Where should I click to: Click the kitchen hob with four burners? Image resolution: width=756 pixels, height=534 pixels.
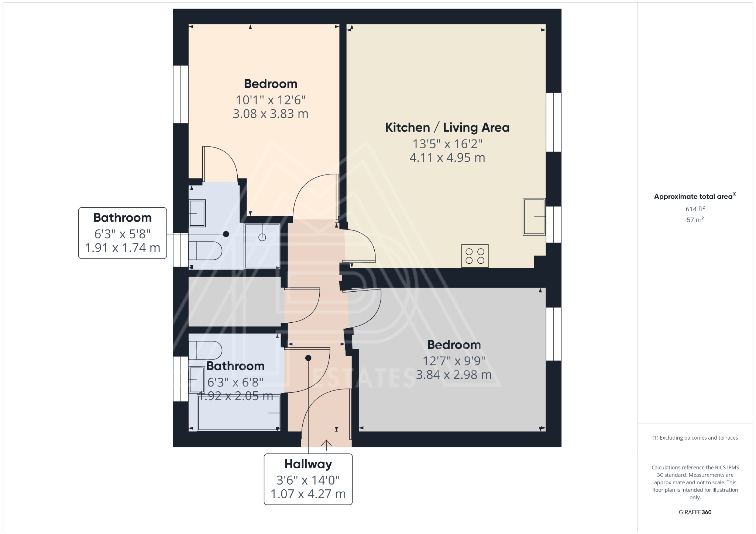[x=475, y=256]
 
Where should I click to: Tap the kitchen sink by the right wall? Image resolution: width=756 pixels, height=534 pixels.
[x=534, y=217]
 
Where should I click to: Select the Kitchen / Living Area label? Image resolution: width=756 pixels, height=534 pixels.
[x=447, y=128]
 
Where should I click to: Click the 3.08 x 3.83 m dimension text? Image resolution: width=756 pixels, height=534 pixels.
[x=270, y=114]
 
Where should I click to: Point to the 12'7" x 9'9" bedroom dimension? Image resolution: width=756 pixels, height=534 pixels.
[x=454, y=361]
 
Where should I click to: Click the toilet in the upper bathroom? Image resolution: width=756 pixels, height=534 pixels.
[x=205, y=251]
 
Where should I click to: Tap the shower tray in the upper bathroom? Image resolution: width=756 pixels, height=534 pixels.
[x=262, y=246]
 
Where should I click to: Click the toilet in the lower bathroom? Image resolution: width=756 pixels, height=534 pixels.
[x=205, y=350]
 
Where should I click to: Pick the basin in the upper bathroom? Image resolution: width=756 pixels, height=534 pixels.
[x=197, y=213]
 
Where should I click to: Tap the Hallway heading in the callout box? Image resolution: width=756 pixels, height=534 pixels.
[x=308, y=464]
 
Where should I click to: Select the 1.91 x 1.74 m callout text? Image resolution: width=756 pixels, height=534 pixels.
[x=123, y=248]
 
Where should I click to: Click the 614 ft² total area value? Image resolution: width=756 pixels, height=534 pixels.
[x=695, y=209]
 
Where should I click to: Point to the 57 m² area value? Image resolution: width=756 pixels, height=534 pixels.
[x=695, y=220]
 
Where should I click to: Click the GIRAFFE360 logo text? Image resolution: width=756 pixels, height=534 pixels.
[x=695, y=512]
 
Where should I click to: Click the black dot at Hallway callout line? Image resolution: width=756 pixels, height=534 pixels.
[x=308, y=358]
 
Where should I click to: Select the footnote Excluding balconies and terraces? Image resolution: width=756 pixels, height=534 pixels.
[x=695, y=438]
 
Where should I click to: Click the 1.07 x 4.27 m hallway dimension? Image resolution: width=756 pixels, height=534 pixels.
[x=308, y=494]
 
